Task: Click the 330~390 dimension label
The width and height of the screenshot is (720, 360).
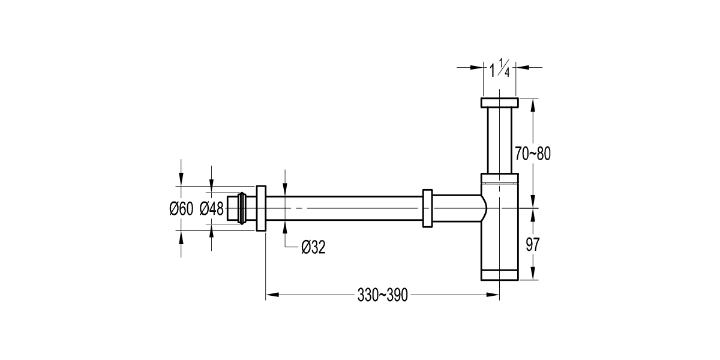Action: point(382,295)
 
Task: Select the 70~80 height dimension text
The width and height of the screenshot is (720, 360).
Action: point(532,154)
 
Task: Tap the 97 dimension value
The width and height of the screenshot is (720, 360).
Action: point(532,245)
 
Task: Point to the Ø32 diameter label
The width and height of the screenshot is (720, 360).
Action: point(313,247)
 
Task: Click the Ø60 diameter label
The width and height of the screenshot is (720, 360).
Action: point(181,209)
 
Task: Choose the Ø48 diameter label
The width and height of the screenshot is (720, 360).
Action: point(211,209)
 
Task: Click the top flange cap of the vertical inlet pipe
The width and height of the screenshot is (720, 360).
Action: point(499,103)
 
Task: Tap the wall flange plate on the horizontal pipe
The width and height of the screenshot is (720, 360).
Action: point(261,208)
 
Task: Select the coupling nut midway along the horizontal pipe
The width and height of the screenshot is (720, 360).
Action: point(427,209)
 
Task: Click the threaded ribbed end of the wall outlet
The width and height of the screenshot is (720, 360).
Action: point(242,209)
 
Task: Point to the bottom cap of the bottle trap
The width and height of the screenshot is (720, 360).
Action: point(499,275)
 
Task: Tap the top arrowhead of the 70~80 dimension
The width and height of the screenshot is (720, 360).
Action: point(532,103)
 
